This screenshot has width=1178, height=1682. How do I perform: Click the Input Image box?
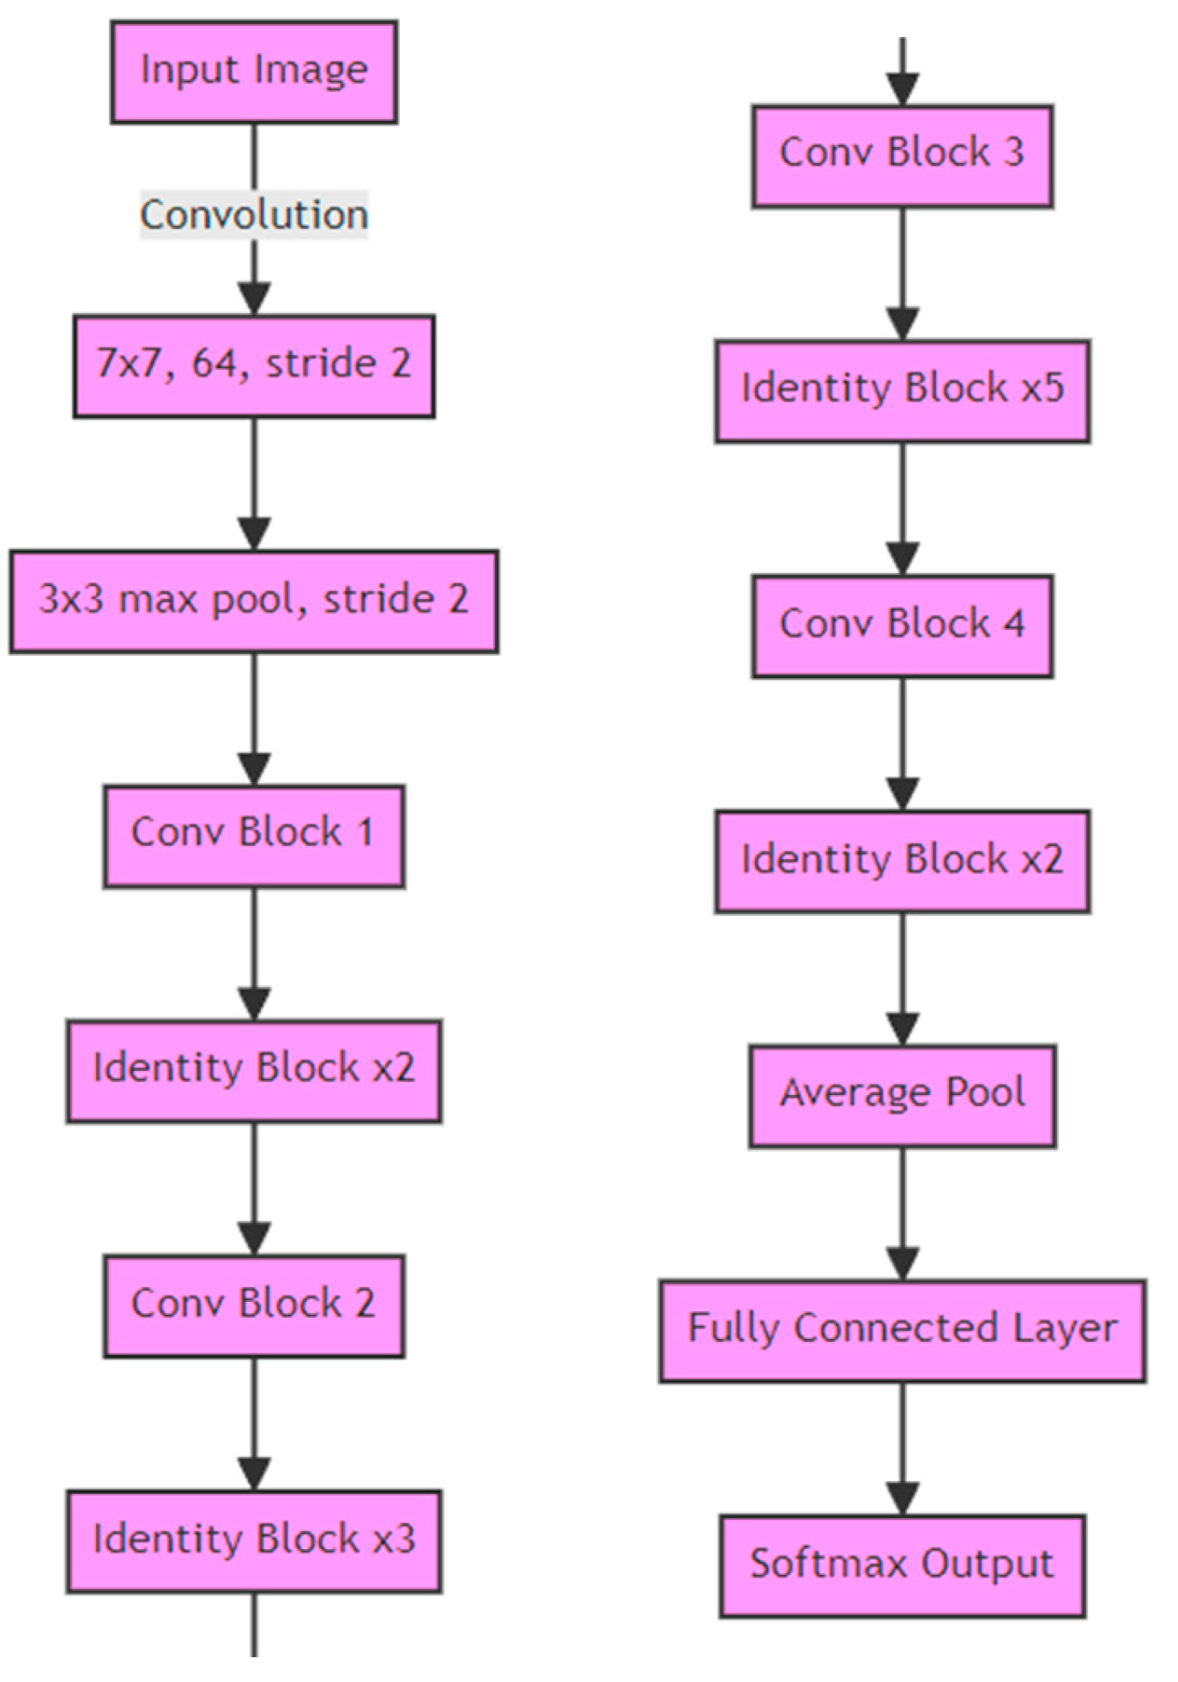[x=254, y=72]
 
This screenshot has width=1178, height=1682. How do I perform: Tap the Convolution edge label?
[x=254, y=215]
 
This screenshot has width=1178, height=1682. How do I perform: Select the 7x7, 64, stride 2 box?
[x=254, y=366]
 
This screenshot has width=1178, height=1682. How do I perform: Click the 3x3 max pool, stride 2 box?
[x=254, y=602]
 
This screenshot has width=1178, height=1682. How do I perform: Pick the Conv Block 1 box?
[x=254, y=836]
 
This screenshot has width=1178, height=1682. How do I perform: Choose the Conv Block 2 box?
[x=254, y=1306]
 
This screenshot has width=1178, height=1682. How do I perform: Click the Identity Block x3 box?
[x=254, y=1541]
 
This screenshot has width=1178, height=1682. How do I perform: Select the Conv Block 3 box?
[x=903, y=156]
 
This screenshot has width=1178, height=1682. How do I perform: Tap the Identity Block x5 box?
[x=903, y=391]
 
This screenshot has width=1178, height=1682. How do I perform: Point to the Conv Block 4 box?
[x=903, y=626]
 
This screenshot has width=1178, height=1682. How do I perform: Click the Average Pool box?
[x=903, y=1096]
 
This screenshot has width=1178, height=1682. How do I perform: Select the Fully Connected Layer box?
[x=903, y=1331]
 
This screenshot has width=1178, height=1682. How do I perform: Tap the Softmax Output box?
[x=903, y=1566]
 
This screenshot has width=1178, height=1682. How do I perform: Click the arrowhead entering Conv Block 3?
[x=903, y=89]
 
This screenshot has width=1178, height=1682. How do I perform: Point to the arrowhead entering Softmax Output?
[x=903, y=1499]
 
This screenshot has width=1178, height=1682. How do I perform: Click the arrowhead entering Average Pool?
[x=903, y=1029]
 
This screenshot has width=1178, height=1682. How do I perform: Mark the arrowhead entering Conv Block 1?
[x=254, y=769]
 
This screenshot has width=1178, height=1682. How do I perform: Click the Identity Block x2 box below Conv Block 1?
[x=254, y=1071]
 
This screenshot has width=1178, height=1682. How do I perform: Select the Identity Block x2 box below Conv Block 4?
[x=903, y=861]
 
